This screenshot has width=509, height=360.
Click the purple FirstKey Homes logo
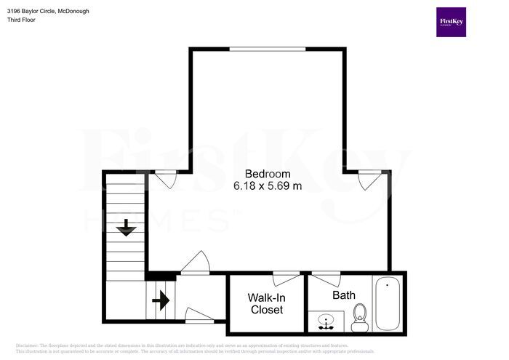point(451,23)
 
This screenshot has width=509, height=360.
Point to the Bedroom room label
point(268,175)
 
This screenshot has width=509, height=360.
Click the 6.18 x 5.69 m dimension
point(268,186)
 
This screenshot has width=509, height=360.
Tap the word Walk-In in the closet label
point(266,298)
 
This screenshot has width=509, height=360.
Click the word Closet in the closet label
point(266,310)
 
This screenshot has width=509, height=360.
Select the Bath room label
point(344,295)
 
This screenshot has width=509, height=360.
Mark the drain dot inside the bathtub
point(387,285)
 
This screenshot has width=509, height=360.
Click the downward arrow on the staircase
point(127,228)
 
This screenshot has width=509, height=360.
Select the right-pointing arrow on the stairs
point(161,300)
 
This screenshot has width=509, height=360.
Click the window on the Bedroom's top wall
point(267,49)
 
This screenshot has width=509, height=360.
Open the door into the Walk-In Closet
point(285,277)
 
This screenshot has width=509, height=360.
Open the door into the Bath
point(326,277)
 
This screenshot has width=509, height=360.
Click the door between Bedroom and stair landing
point(195,264)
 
